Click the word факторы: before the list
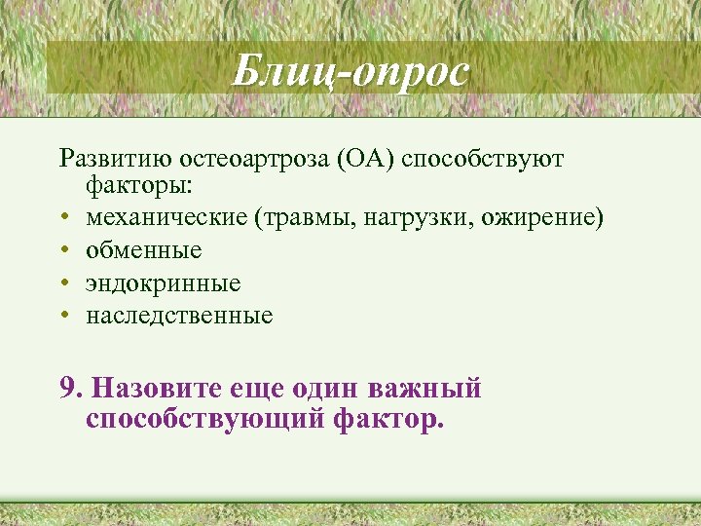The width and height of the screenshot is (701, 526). (131, 183)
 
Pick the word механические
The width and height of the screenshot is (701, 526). (166, 216)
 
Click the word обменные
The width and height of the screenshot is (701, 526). (143, 250)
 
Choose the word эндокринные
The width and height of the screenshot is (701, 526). (163, 283)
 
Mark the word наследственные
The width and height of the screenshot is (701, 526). (179, 316)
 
